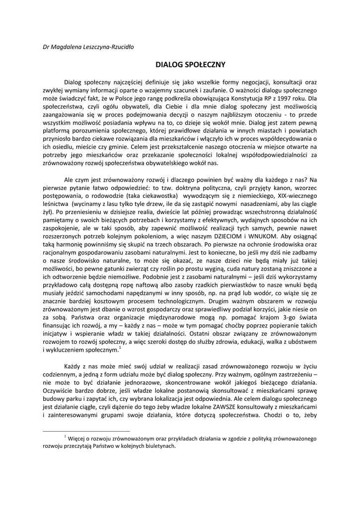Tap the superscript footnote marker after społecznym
[120, 348]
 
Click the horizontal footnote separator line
[86, 431]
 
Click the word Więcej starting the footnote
[77, 439]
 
